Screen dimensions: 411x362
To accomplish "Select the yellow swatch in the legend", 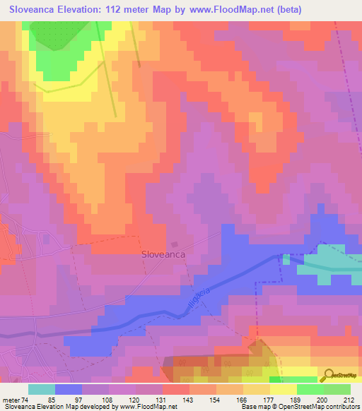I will [x=282, y=389].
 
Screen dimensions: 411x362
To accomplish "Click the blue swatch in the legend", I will [x=68, y=389].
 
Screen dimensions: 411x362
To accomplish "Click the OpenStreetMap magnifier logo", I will [x=327, y=375].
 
